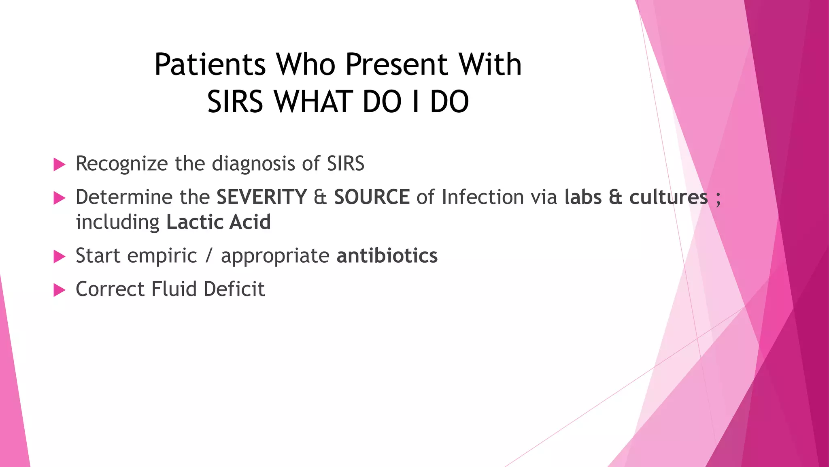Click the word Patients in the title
(x=210, y=65)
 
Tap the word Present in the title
(x=396, y=65)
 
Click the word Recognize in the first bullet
(x=121, y=164)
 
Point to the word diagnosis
(x=253, y=164)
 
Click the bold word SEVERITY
(x=261, y=197)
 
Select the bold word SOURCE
(x=372, y=197)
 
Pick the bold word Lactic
(x=194, y=223)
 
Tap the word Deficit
(x=234, y=289)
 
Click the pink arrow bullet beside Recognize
(x=59, y=165)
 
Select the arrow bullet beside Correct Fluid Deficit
(x=59, y=290)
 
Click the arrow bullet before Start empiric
(x=59, y=257)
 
